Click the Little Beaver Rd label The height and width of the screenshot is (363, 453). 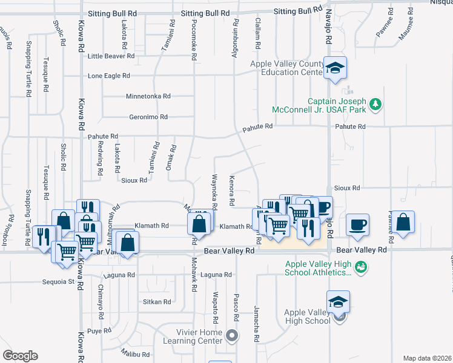click(111, 56)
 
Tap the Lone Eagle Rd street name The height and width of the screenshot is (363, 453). click(109, 76)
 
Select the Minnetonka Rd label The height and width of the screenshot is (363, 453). click(148, 96)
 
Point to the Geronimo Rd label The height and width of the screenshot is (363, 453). click(148, 117)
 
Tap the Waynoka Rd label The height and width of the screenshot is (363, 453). click(214, 189)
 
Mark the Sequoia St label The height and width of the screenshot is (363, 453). click(58, 281)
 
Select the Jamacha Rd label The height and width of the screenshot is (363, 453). click(256, 318)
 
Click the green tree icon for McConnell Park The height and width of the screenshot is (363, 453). click(376, 105)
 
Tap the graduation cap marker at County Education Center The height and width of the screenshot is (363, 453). click(334, 68)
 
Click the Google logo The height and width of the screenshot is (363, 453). click(20, 356)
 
